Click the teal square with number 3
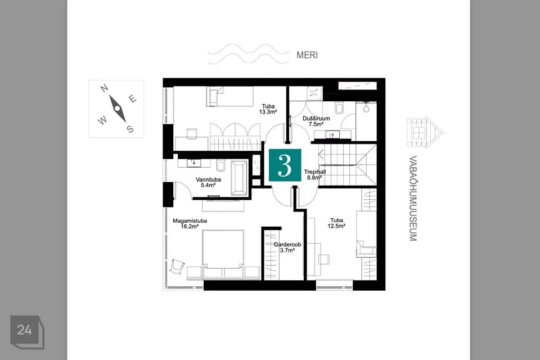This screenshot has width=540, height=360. [x=285, y=165]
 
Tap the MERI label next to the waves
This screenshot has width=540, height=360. [x=307, y=55]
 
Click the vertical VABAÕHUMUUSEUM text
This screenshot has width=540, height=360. [x=413, y=199]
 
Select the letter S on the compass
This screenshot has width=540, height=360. [x=130, y=129]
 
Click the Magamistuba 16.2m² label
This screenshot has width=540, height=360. [x=190, y=223]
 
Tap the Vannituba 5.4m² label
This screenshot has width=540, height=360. [x=208, y=182]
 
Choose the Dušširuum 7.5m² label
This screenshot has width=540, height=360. [x=316, y=121]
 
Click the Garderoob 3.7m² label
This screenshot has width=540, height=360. [x=287, y=247]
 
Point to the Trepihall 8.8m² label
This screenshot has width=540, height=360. [x=315, y=175]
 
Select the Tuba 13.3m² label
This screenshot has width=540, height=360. [x=268, y=109]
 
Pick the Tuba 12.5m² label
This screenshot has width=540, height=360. [x=336, y=223]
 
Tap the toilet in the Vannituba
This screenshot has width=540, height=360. [x=220, y=165]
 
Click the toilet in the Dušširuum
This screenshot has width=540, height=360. [x=339, y=108]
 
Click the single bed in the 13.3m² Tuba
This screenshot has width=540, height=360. [x=230, y=96]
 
